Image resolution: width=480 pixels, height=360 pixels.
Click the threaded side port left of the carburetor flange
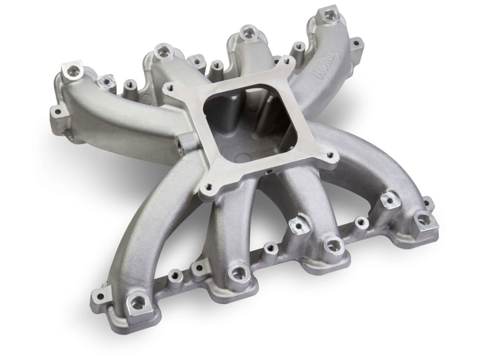tap(181, 142)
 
